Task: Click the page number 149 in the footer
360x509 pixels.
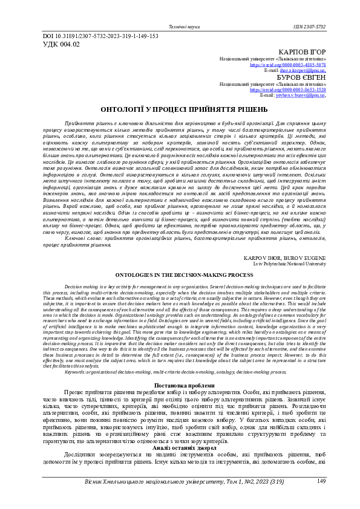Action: click(x=321, y=481)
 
